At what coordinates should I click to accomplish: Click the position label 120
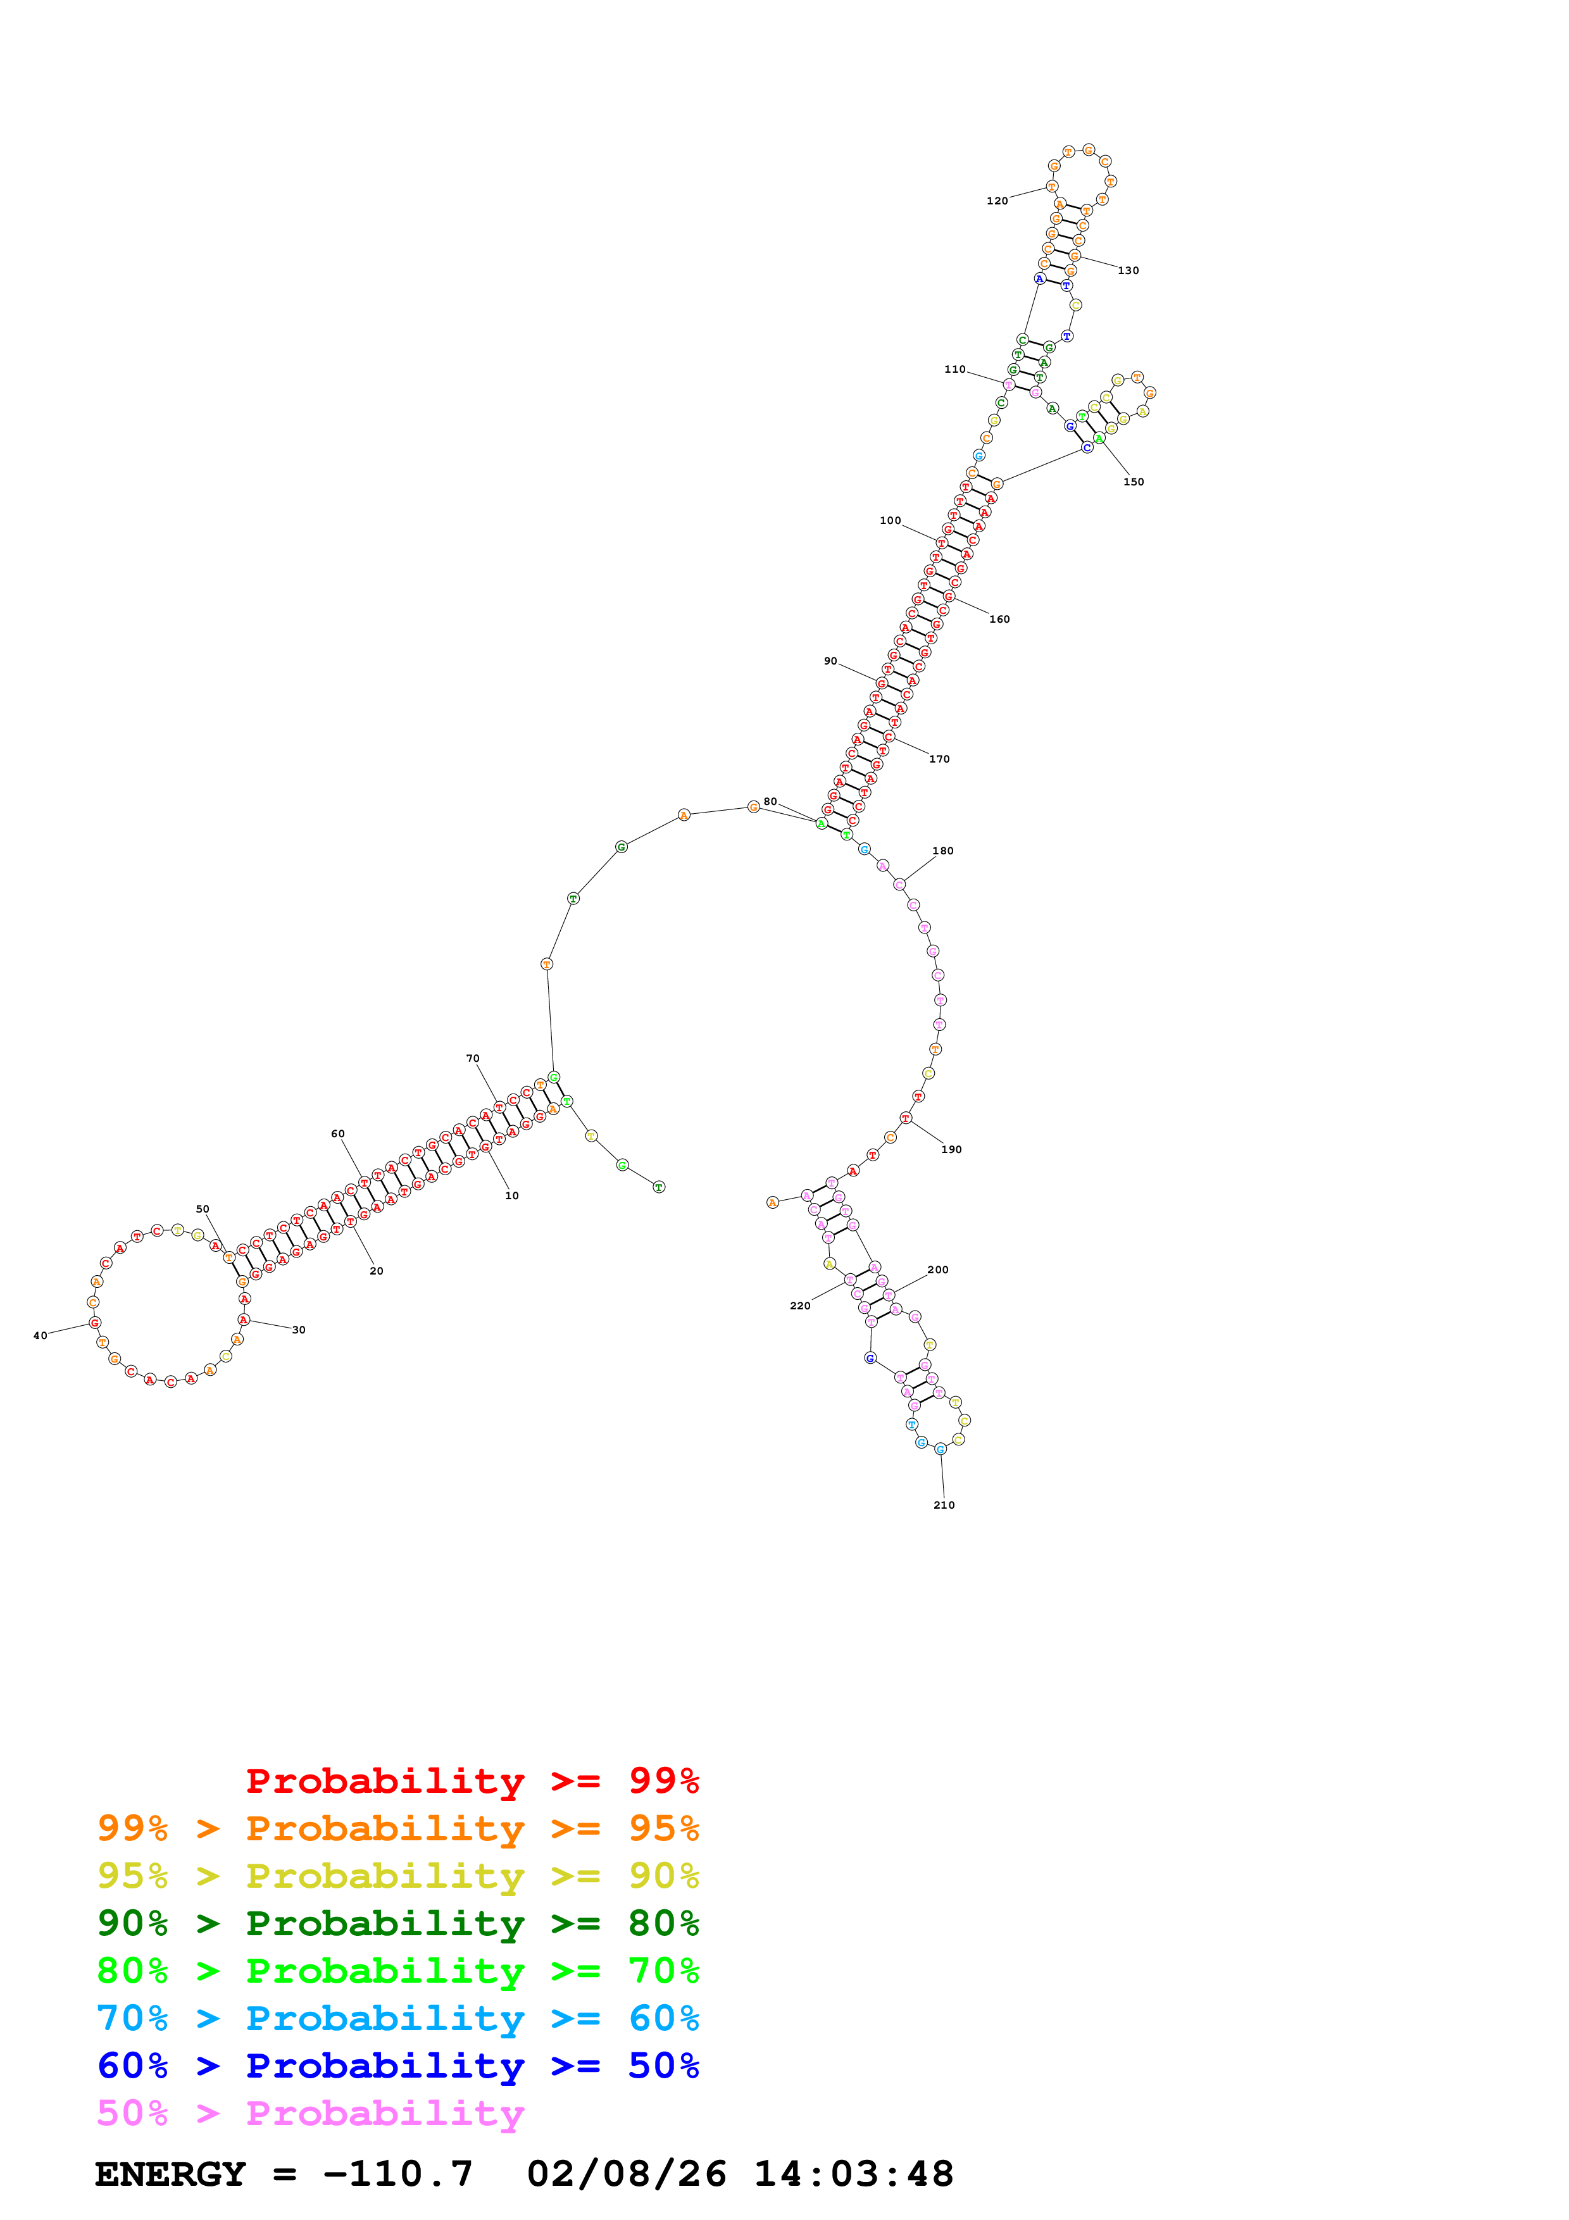pyautogui.click(x=997, y=201)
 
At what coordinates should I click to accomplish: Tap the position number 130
pyautogui.click(x=1128, y=271)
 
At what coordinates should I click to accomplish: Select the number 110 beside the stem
pyautogui.click(x=954, y=370)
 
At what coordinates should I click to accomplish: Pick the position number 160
pyautogui.click(x=999, y=619)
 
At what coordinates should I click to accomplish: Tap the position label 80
pyautogui.click(x=770, y=802)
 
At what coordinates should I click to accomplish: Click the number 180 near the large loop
pyautogui.click(x=942, y=851)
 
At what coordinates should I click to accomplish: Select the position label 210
pyautogui.click(x=944, y=1506)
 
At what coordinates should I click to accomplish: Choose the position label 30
pyautogui.click(x=299, y=1330)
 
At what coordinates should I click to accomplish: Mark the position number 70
pyautogui.click(x=473, y=1059)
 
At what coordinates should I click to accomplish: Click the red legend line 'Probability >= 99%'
pyautogui.click(x=472, y=1781)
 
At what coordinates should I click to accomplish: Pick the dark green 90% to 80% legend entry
pyautogui.click(x=397, y=1923)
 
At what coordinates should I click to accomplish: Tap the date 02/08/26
pyautogui.click(x=627, y=2174)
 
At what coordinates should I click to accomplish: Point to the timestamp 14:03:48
pyautogui.click(x=854, y=2174)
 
